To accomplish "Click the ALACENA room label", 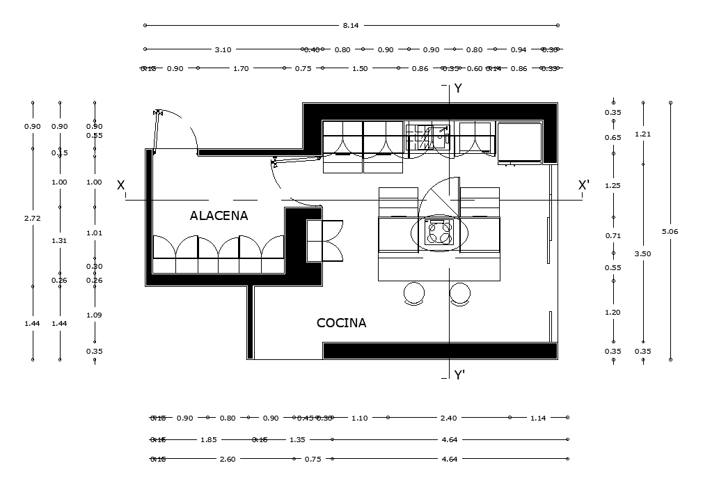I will pos(219,216).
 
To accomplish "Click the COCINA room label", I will pos(341,323).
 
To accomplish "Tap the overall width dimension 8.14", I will pos(351,26).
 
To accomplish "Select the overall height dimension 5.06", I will pos(670,231).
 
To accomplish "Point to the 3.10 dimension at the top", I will pos(223,50).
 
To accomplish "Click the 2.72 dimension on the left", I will pos(32,218).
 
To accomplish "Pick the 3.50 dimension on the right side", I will pos(642,254).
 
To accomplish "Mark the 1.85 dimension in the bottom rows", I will pos(208,440).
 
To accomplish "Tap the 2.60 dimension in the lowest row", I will pos(227,460).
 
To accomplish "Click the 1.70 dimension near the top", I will pos(241,69).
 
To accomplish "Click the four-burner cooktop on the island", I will pos(439,232).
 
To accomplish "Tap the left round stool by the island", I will pos(414,293).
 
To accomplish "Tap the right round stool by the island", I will pos(459,293).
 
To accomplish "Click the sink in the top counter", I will pos(428,136).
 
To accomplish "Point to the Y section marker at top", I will pos(458,88).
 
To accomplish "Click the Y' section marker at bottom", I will pos(459,376).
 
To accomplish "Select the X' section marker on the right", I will pos(584,185).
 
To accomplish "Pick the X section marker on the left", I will pos(121,185).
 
